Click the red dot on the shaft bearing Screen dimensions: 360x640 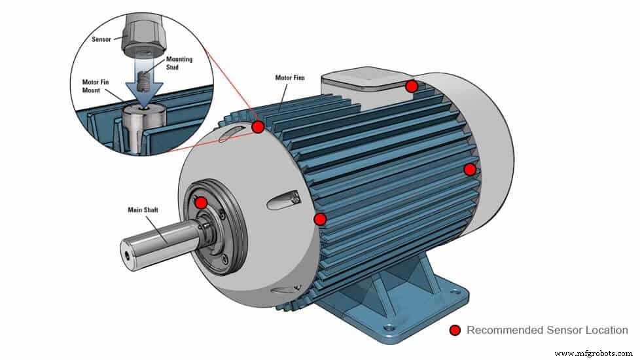[202, 203]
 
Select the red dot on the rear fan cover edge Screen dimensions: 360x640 [470, 170]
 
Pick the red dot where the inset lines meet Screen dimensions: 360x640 [258, 126]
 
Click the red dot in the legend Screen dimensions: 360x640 [455, 331]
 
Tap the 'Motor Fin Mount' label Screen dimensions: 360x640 [91, 86]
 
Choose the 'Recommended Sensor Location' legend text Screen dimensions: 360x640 [547, 331]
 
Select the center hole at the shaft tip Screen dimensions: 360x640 [124, 249]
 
